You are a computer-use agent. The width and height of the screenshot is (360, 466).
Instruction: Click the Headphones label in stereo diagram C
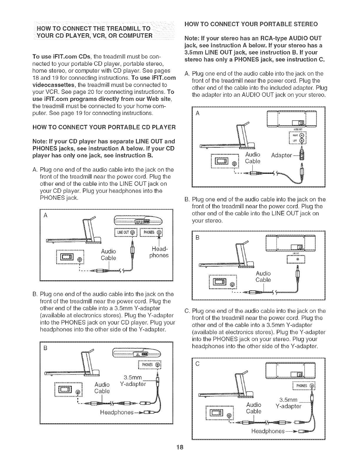[x=268, y=432]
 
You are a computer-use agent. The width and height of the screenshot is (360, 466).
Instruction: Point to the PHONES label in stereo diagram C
[x=301, y=386]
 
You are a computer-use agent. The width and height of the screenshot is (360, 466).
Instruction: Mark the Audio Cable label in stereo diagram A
[x=253, y=158]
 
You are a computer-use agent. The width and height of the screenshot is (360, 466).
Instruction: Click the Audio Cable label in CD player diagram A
[x=108, y=254]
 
